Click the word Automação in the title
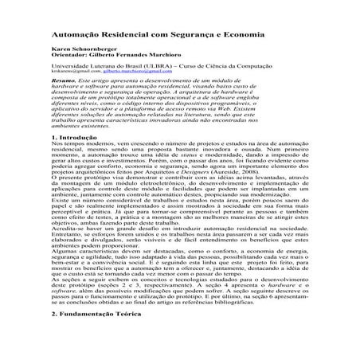[77, 37]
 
